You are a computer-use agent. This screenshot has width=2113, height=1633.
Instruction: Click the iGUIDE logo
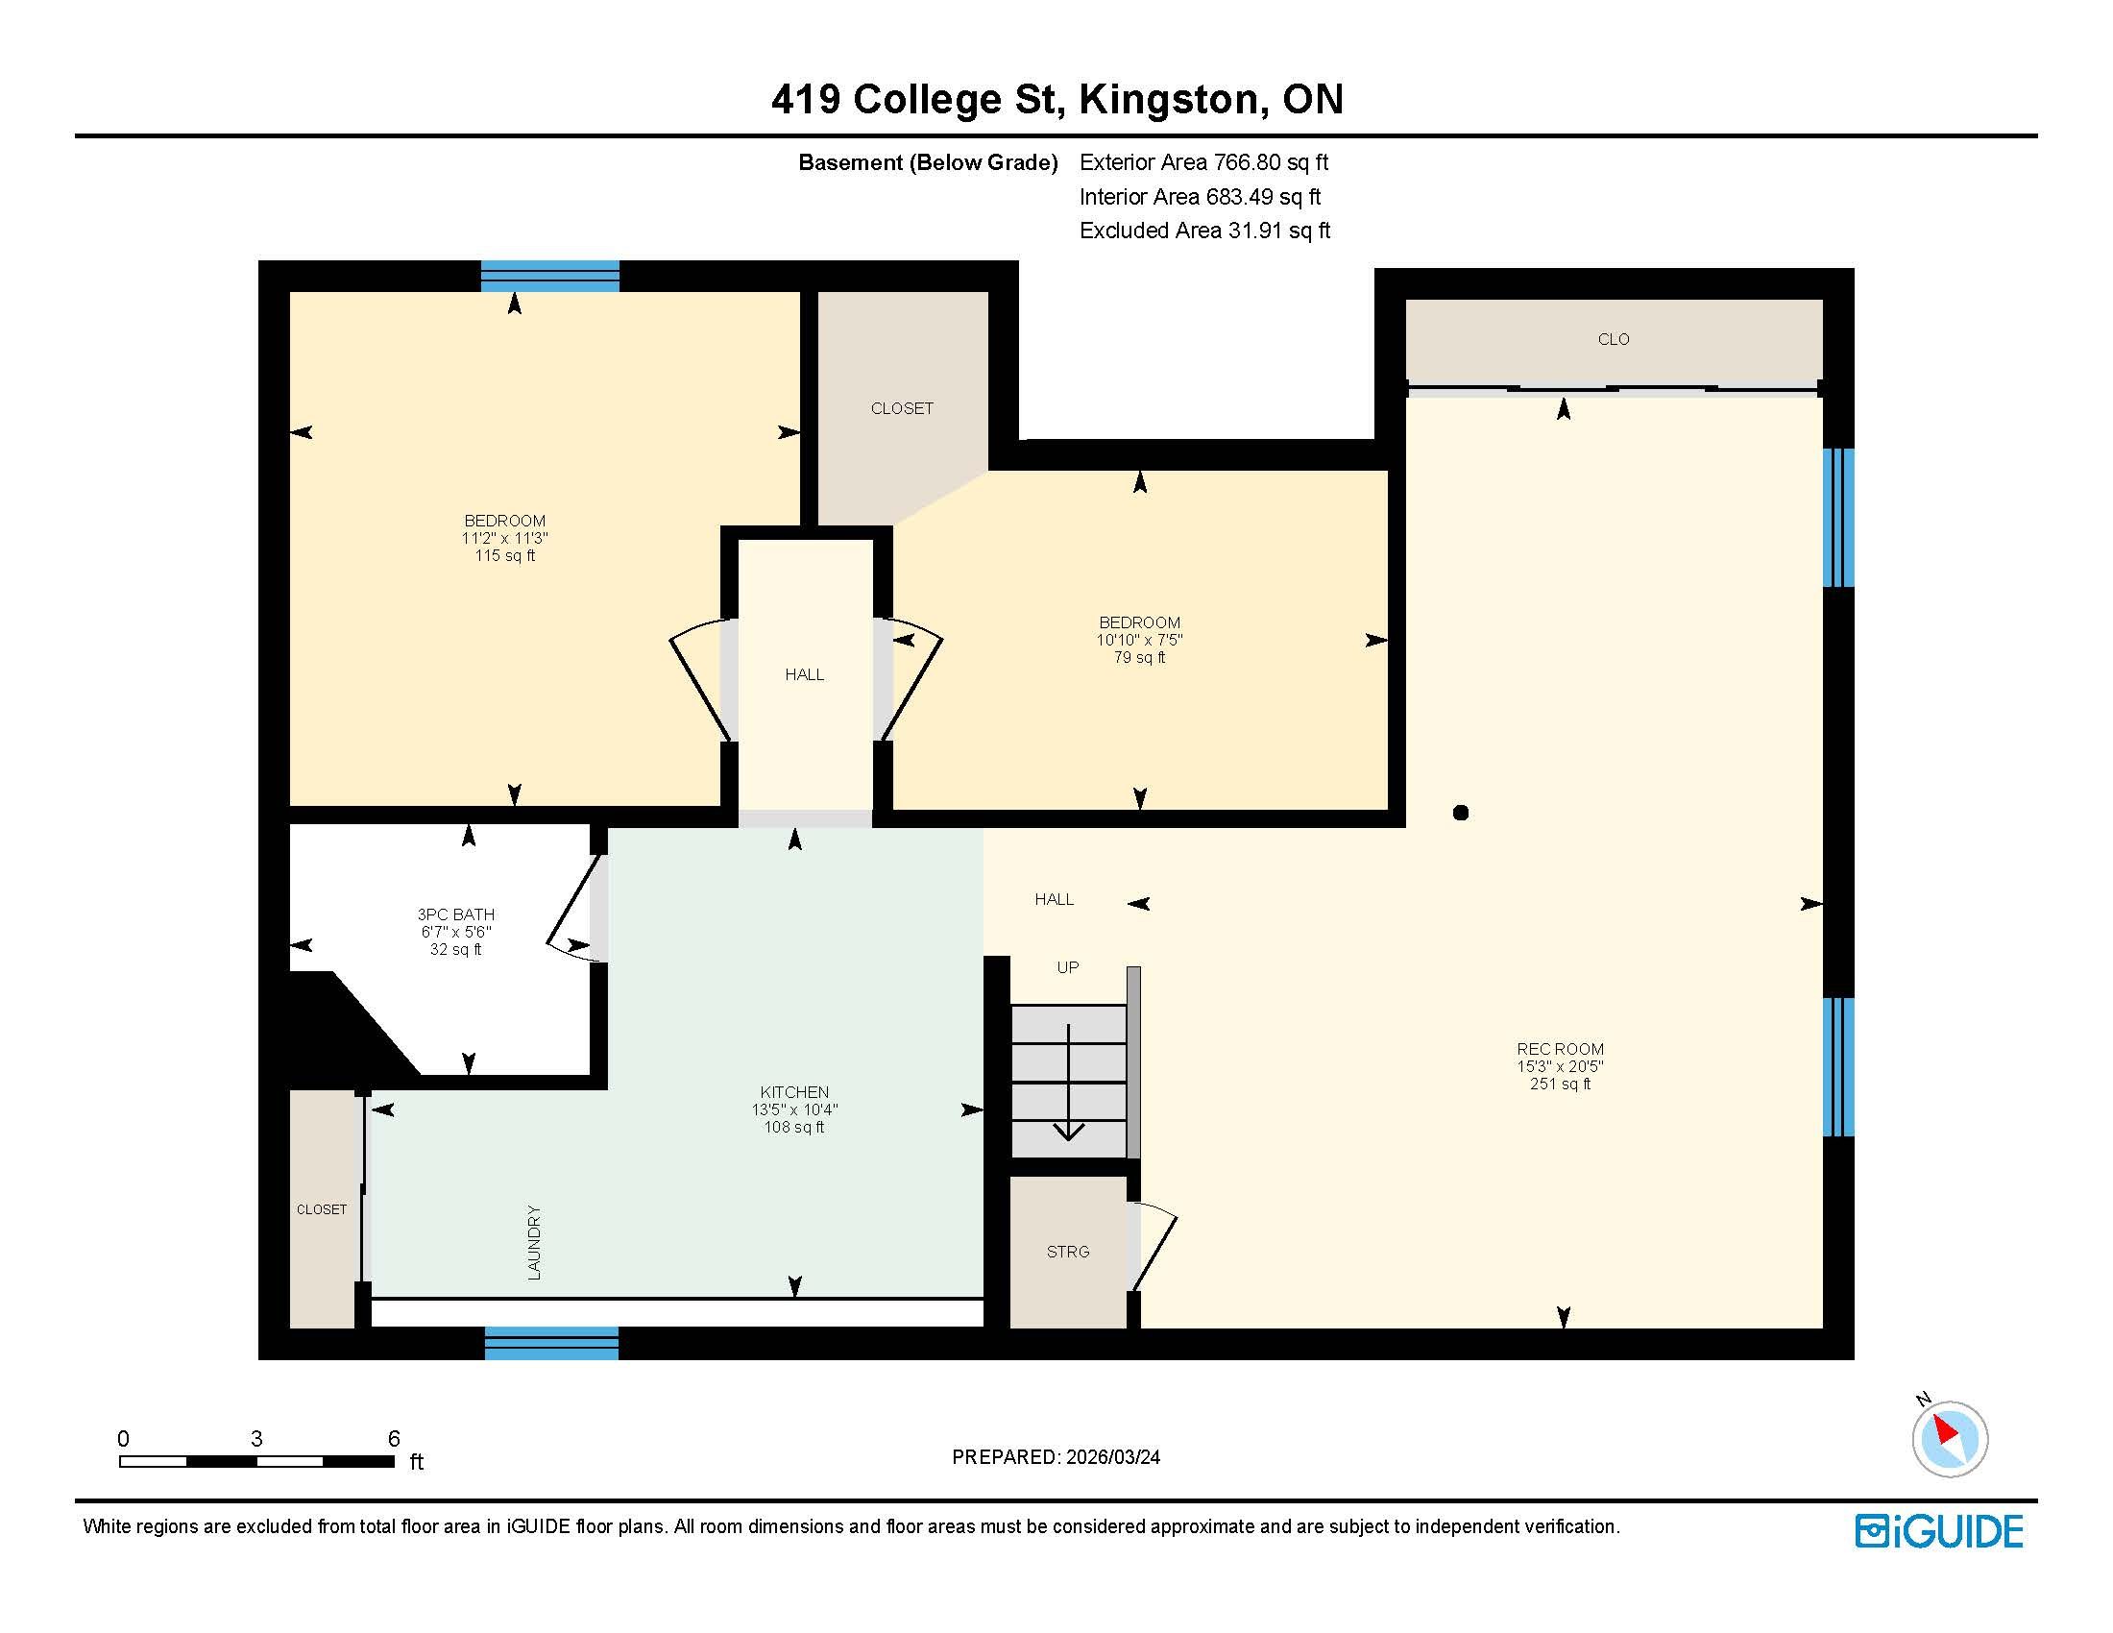coord(1939,1530)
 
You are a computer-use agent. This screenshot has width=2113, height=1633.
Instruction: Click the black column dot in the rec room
coord(1461,813)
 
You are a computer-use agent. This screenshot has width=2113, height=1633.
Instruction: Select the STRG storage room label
coord(1068,1252)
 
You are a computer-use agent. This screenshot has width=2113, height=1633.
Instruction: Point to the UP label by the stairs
coord(1068,967)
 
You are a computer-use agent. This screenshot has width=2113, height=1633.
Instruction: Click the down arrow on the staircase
coord(1068,1083)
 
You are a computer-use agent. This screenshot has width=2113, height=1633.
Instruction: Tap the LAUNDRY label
coord(534,1243)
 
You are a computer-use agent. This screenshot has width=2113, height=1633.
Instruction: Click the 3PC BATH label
coord(455,914)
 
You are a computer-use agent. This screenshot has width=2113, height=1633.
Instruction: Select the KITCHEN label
coord(794,1092)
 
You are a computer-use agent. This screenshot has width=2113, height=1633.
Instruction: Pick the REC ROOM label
coord(1560,1049)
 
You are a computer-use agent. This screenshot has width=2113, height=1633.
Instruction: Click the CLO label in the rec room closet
coord(1614,339)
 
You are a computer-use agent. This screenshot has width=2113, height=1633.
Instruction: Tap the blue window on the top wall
coord(550,276)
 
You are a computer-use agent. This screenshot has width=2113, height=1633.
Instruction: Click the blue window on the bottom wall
coord(551,1344)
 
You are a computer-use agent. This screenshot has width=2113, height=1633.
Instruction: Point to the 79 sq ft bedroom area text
coord(1140,658)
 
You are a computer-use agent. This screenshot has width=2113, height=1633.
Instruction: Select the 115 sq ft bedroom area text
coord(505,555)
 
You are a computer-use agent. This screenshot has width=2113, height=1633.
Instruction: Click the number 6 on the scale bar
coord(394,1439)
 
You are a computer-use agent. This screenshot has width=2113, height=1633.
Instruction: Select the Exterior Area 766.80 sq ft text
coord(1204,162)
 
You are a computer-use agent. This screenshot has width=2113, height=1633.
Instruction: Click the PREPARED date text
coord(1056,1457)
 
